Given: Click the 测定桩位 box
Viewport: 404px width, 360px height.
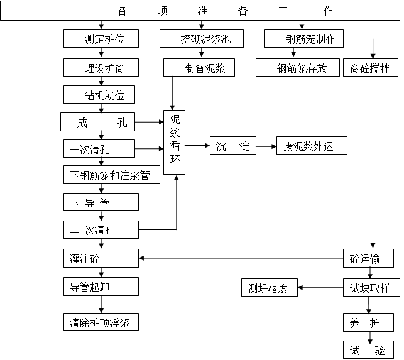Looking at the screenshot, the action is (101, 38).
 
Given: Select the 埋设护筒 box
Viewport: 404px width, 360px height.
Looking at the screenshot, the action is (101, 67).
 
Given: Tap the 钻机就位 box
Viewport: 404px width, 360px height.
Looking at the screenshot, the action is (101, 95).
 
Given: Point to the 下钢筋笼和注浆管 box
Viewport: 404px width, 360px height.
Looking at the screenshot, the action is (111, 175).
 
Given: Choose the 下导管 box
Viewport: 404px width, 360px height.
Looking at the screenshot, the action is (101, 202).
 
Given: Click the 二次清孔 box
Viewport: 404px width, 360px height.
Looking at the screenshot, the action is (101, 229).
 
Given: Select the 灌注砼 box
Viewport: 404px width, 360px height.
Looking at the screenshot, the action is (101, 258).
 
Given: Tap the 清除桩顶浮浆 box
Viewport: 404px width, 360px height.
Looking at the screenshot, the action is (101, 322).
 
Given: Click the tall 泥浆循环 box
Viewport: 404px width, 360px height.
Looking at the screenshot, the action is (175, 143).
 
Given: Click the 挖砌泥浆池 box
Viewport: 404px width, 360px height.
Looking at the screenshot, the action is (202, 39).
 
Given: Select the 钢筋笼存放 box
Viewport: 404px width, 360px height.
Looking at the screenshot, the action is (298, 68).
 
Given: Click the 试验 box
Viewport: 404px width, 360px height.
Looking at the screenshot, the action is (368, 350).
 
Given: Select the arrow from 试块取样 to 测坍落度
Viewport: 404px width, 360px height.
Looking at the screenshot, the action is (320, 288).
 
